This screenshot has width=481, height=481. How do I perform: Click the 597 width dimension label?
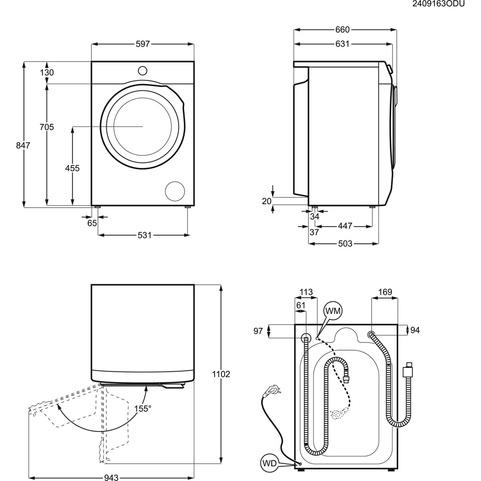point(143,44)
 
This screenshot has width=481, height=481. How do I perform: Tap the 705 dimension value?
point(47,127)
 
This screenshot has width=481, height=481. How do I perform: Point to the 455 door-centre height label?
point(73,168)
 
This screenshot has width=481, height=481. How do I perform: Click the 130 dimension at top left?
point(47,73)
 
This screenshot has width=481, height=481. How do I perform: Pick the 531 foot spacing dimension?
point(144,235)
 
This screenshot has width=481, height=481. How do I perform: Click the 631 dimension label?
point(342,44)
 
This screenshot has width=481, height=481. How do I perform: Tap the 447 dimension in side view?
point(345,226)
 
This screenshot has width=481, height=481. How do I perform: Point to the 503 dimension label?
point(345,243)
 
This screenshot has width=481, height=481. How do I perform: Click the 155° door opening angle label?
point(143,408)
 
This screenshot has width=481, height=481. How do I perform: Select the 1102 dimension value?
point(221,374)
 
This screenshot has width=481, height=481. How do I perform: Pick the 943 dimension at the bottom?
point(111,478)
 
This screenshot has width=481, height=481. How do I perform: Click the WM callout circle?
point(333,311)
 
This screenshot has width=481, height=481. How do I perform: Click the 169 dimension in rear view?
point(385,292)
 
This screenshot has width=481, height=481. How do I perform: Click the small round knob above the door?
point(142,70)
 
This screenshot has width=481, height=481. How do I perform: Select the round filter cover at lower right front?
point(175,191)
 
